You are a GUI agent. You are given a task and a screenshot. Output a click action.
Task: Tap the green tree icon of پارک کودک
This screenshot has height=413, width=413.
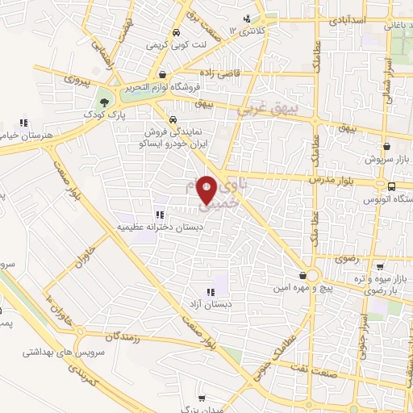102,102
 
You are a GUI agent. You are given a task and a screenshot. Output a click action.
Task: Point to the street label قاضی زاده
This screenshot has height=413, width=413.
206,73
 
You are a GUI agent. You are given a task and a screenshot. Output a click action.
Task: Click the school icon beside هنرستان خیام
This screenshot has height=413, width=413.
24,123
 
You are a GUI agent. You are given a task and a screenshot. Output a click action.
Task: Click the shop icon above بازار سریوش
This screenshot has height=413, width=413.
391,148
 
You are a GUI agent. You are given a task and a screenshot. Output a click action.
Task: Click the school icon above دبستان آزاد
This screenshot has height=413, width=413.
210,292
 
